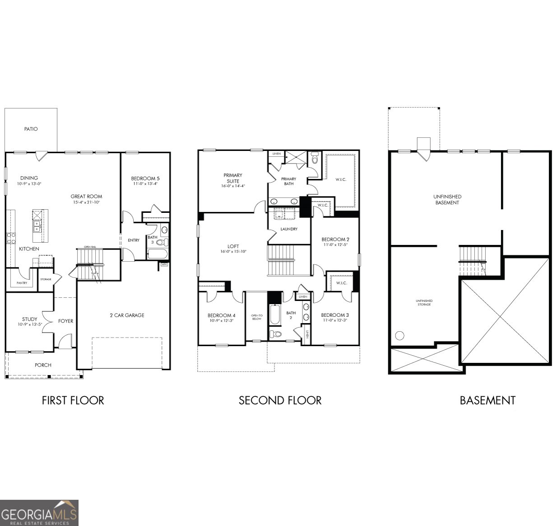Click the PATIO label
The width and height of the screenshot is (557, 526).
click(31, 129)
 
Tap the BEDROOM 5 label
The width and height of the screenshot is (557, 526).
click(145, 178)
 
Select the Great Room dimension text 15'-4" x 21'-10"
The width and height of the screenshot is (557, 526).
click(86, 202)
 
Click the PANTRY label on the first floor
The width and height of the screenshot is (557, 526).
click(22, 283)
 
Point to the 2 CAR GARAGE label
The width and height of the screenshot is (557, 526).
click(127, 315)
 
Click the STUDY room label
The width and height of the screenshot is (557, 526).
click(30, 319)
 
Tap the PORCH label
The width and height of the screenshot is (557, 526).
click(43, 365)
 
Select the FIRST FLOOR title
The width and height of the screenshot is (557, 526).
click(73, 400)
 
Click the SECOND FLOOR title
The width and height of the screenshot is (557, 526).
click(280, 400)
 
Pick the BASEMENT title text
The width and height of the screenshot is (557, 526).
click(487, 400)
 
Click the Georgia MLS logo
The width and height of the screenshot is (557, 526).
click(39, 513)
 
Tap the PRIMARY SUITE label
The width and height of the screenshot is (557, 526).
click(233, 178)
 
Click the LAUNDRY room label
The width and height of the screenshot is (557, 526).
click(289, 229)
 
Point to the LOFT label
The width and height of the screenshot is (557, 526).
click(233, 246)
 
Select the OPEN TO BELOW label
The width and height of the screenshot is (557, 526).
click(256, 317)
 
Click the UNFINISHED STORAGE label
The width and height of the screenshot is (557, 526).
click(424, 303)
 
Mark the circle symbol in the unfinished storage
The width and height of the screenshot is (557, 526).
click(399, 336)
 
